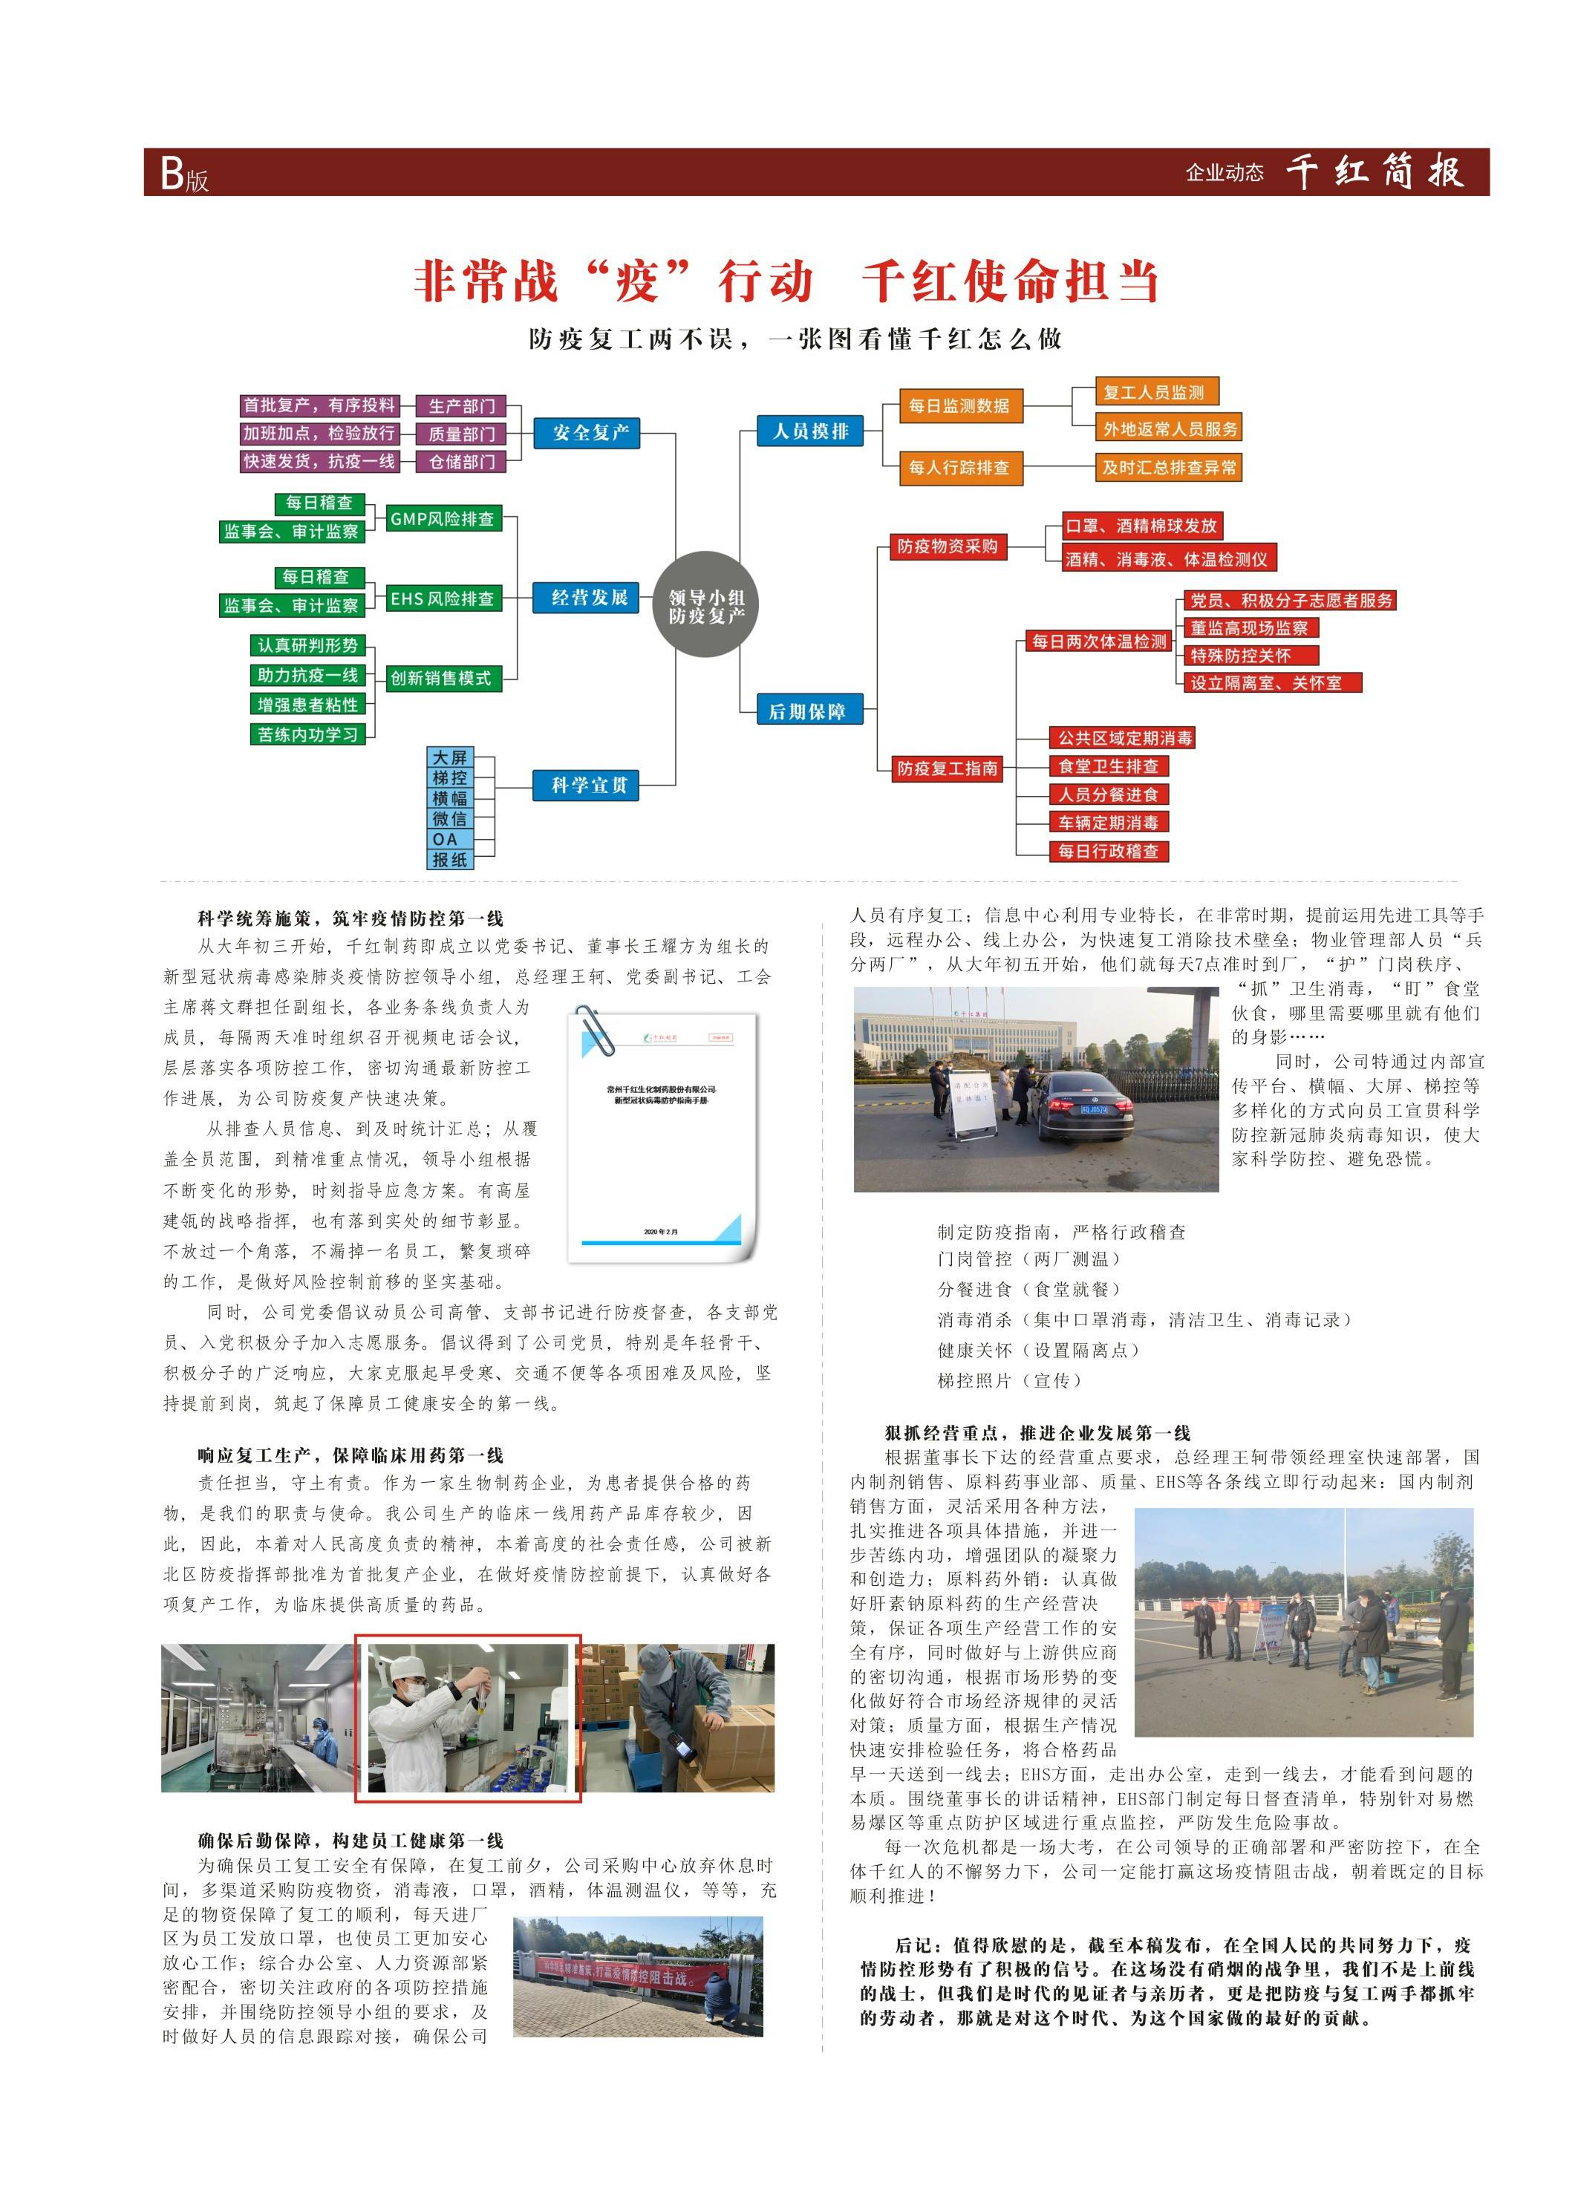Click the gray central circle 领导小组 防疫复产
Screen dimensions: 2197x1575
click(x=705, y=604)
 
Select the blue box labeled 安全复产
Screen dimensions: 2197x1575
click(x=590, y=433)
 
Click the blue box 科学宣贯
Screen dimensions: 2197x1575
click(x=589, y=785)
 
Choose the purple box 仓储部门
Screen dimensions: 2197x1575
click(x=461, y=462)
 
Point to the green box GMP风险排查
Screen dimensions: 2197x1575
click(x=442, y=519)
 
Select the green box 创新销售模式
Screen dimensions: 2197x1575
click(x=441, y=678)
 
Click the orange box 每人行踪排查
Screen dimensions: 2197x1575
click(x=958, y=468)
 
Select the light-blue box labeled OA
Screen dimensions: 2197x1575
click(x=449, y=839)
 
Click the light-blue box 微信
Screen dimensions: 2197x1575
click(x=449, y=818)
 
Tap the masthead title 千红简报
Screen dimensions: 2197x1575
click(x=1374, y=172)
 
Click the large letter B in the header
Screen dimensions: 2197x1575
click(x=172, y=174)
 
